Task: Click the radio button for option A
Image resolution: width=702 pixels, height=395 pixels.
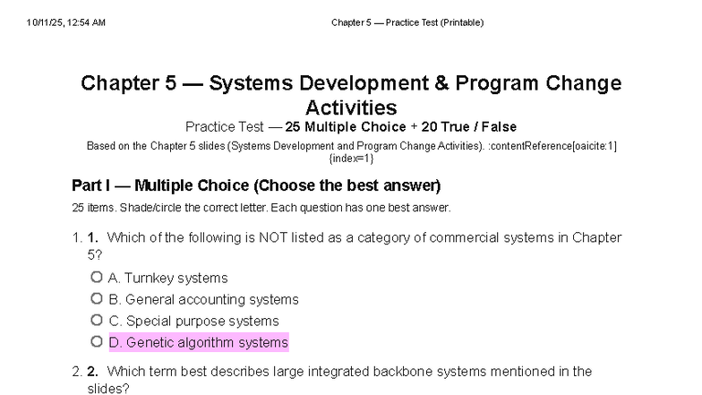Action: coord(97,278)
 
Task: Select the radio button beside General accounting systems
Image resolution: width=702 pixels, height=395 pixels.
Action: coord(97,299)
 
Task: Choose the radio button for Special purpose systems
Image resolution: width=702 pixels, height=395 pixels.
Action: coord(97,320)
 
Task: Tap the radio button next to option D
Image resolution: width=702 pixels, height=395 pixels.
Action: coord(97,341)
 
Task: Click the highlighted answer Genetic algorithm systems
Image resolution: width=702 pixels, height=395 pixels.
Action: coord(198,342)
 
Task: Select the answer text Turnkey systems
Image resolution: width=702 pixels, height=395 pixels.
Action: coord(167,278)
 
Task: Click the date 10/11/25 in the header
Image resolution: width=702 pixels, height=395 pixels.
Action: coord(45,22)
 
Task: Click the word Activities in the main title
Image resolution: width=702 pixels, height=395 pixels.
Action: coord(351,107)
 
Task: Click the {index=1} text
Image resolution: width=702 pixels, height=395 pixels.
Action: coord(351,158)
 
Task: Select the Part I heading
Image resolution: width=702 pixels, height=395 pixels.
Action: coord(256,186)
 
